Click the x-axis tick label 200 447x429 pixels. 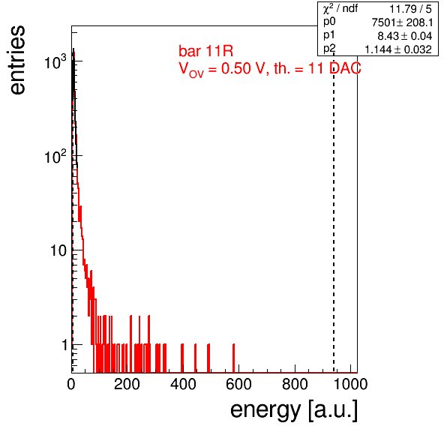(127, 384)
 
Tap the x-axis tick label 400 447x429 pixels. (183, 384)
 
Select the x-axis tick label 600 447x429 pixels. (239, 384)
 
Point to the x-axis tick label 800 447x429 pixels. (295, 384)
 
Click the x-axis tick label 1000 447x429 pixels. (350, 384)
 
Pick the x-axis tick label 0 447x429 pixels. (71, 384)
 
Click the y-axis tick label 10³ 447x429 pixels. (55, 61)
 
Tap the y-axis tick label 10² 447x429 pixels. (55, 156)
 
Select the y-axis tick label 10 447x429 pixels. (58, 250)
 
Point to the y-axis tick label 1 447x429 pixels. (64, 345)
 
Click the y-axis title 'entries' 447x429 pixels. (18, 60)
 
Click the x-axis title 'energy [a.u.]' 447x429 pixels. (294, 410)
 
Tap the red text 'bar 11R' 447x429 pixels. (205, 51)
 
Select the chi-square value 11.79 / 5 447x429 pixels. (410, 9)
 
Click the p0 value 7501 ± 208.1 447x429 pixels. (402, 22)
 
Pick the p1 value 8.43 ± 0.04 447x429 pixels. (405, 36)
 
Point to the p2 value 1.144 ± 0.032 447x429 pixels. (398, 49)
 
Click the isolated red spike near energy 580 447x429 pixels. (234, 358)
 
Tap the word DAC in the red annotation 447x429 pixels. (345, 68)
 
